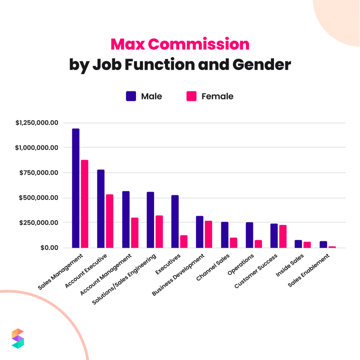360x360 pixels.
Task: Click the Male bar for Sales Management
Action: coord(76,188)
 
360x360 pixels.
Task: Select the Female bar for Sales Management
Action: coord(84,204)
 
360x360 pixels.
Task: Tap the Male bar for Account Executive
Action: coord(101,209)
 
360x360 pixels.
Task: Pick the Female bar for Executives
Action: coord(184,242)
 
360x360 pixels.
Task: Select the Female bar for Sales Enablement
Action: coord(332,247)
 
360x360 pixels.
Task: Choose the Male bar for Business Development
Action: coord(200,232)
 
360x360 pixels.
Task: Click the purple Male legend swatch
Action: coord(131,96)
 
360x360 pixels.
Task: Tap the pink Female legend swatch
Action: coord(191,96)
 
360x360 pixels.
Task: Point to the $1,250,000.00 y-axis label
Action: coord(37,123)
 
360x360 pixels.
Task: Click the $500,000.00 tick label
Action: coord(39,198)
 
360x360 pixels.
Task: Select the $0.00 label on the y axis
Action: coord(49,247)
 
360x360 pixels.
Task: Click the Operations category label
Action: coord(241,264)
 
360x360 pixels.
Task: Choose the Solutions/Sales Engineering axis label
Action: coord(124,280)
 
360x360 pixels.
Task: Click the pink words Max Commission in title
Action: coord(180,45)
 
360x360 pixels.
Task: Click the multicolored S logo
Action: coord(18,338)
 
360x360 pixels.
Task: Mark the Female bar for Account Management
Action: coord(134,233)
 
